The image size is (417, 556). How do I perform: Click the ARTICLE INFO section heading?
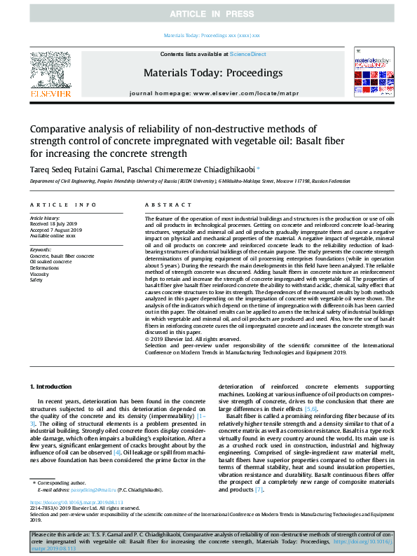tap(63, 204)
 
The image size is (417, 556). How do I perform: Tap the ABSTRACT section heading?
tap(162, 204)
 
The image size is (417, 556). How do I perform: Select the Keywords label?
tap(41, 249)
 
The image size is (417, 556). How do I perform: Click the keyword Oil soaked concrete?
tap(51, 262)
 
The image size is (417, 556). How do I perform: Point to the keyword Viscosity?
tap(40, 273)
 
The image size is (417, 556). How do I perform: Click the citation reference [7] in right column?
tap(260, 489)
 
